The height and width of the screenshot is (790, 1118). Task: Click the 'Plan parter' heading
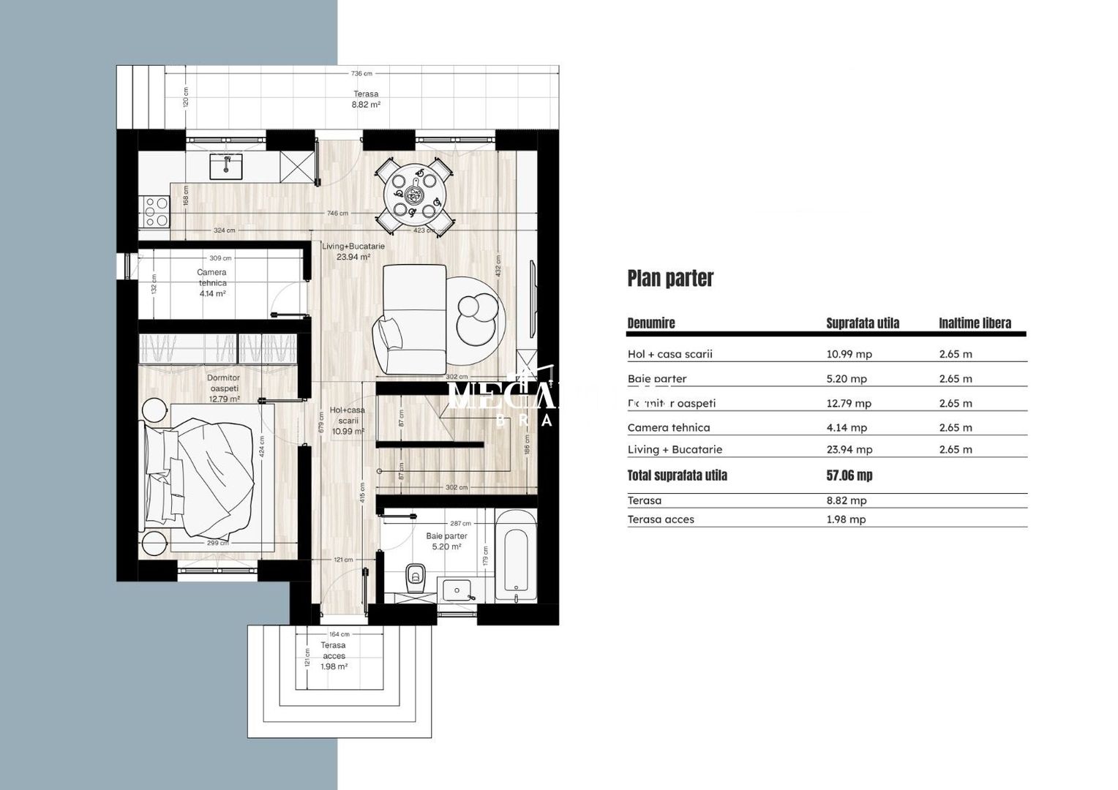point(670,279)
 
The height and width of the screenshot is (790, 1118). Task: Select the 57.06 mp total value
point(849,475)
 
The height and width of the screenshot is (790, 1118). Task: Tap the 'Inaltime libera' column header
point(975,323)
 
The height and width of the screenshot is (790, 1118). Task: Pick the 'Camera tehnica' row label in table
point(668,427)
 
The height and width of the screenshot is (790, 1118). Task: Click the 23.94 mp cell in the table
point(849,450)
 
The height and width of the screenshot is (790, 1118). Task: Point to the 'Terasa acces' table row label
point(661,519)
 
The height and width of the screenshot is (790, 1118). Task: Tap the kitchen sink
point(226,167)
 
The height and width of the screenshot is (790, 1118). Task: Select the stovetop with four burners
point(157,212)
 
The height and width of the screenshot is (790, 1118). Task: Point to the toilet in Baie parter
point(416,576)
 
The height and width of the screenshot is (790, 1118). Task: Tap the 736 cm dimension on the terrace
point(361,73)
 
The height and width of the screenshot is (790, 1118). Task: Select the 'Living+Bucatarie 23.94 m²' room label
point(353,252)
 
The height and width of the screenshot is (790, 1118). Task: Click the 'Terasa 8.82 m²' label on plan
point(366,99)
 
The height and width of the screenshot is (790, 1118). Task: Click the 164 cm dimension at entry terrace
point(339,634)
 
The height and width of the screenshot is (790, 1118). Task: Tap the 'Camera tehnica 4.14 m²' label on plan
point(212,282)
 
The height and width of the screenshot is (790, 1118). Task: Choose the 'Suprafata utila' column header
point(863,323)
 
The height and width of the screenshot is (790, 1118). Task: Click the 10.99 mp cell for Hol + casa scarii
point(849,354)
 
